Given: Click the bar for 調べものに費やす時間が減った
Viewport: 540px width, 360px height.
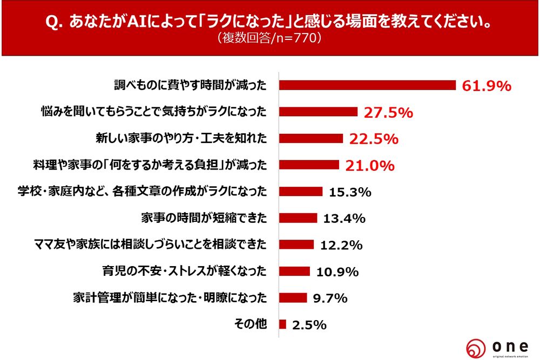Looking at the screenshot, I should point(368,85).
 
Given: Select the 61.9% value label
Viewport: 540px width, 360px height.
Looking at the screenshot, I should point(486,85).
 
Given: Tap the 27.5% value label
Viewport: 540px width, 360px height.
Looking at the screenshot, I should point(388,112).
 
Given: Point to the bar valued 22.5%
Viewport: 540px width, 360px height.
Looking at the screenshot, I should point(311,139).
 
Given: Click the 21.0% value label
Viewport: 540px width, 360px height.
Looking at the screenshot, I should point(369,165).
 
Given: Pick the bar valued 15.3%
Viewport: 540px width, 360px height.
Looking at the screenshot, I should point(301,192).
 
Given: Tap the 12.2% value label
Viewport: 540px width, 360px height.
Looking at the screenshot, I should point(341,245).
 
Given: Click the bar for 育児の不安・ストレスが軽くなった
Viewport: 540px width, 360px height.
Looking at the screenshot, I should point(295,271).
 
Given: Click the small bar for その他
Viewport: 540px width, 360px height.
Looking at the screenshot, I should point(283,324).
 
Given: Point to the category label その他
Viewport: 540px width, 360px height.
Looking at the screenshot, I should point(251,324).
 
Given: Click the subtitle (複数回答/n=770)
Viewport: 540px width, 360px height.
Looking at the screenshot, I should point(269,38).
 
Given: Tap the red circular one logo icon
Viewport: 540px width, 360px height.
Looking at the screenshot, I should point(476,347).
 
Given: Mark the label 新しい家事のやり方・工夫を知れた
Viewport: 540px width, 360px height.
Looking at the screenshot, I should point(180,139).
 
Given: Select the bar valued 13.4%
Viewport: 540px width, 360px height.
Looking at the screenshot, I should point(298,218).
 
